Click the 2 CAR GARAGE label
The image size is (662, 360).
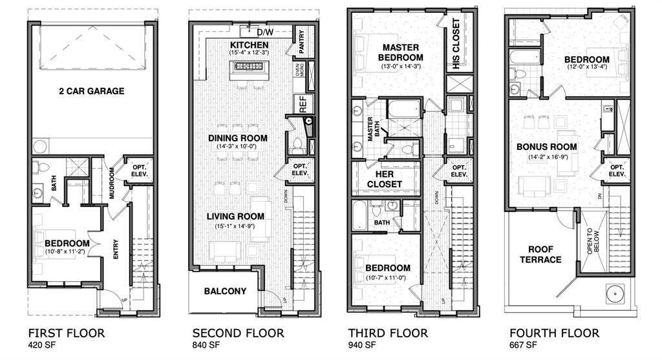click(x=90, y=91)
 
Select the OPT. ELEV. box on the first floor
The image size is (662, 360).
click(x=139, y=169)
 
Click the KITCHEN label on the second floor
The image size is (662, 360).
click(x=249, y=45)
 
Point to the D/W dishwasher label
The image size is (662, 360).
click(x=265, y=32)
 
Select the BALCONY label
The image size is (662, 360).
click(x=225, y=291)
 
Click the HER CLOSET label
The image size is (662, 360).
click(x=384, y=179)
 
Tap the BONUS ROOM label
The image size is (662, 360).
click(x=546, y=147)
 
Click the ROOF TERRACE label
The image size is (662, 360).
click(x=544, y=254)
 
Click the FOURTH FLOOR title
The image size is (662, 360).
click(x=553, y=334)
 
